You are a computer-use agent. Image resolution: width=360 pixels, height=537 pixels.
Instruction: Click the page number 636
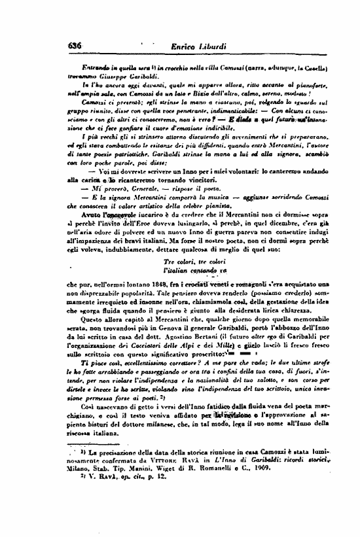pyautogui.click(x=74, y=44)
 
